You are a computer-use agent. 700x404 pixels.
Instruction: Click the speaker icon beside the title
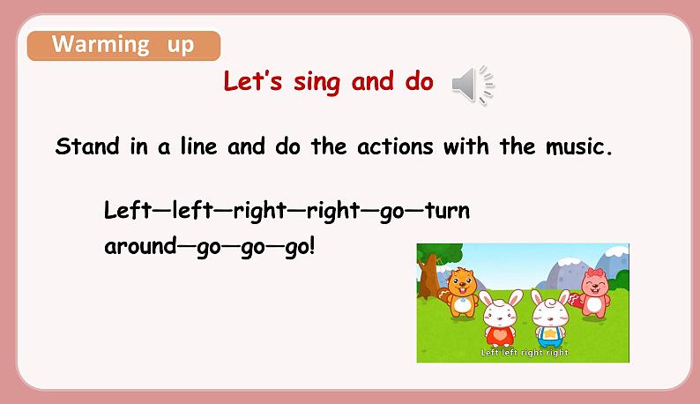pyautogui.click(x=471, y=85)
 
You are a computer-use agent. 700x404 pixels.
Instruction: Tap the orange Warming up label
pyautogui.click(x=123, y=45)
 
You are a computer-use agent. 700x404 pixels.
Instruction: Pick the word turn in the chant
pyautogui.click(x=447, y=211)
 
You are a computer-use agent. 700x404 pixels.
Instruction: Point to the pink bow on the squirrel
pyautogui.click(x=600, y=273)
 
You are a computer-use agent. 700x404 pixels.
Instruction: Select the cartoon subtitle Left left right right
pyautogui.click(x=524, y=353)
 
